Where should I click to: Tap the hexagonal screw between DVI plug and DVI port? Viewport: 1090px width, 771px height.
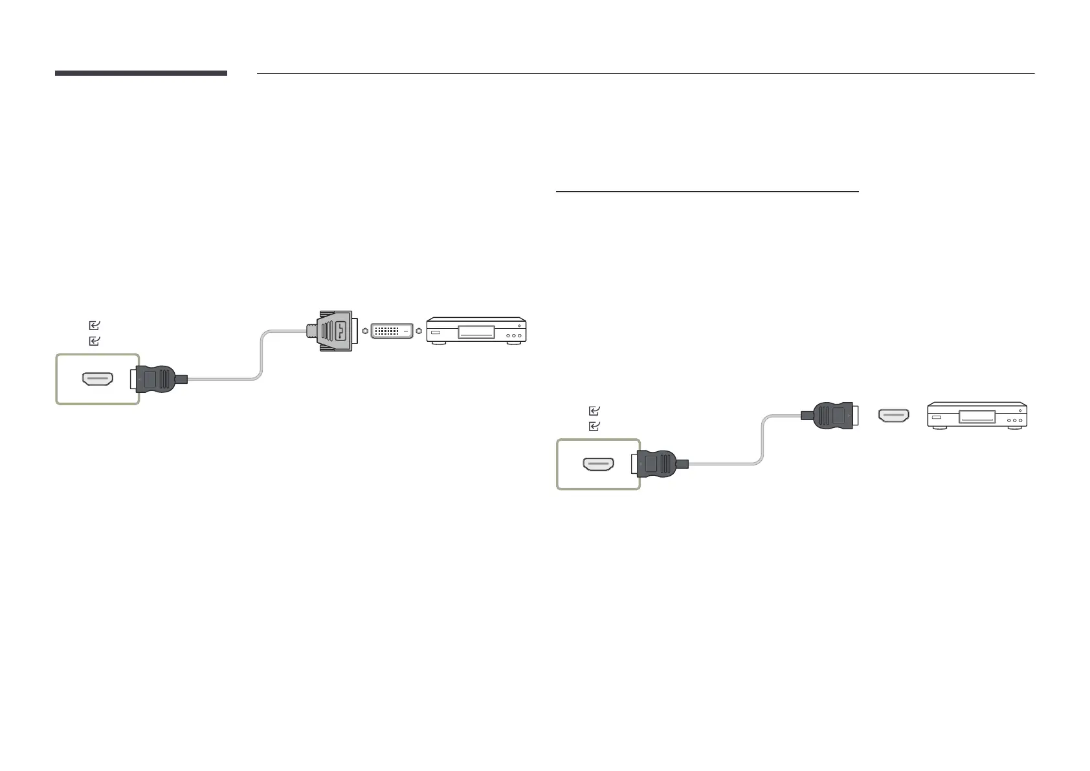click(365, 331)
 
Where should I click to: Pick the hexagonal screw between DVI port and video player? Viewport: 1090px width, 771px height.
click(419, 331)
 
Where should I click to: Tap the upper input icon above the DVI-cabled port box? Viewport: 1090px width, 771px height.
click(95, 326)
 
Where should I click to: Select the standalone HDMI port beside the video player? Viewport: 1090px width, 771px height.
click(893, 416)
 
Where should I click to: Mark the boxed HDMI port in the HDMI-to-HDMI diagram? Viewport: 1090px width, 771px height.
click(599, 464)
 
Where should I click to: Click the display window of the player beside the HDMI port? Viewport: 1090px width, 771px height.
click(977, 418)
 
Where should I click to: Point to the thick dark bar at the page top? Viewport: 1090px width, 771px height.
click(141, 73)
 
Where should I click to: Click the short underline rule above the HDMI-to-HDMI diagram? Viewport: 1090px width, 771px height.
click(707, 192)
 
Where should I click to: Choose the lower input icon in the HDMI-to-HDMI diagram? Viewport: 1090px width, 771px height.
click(595, 427)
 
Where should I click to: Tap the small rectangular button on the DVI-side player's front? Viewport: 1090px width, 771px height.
click(436, 333)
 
